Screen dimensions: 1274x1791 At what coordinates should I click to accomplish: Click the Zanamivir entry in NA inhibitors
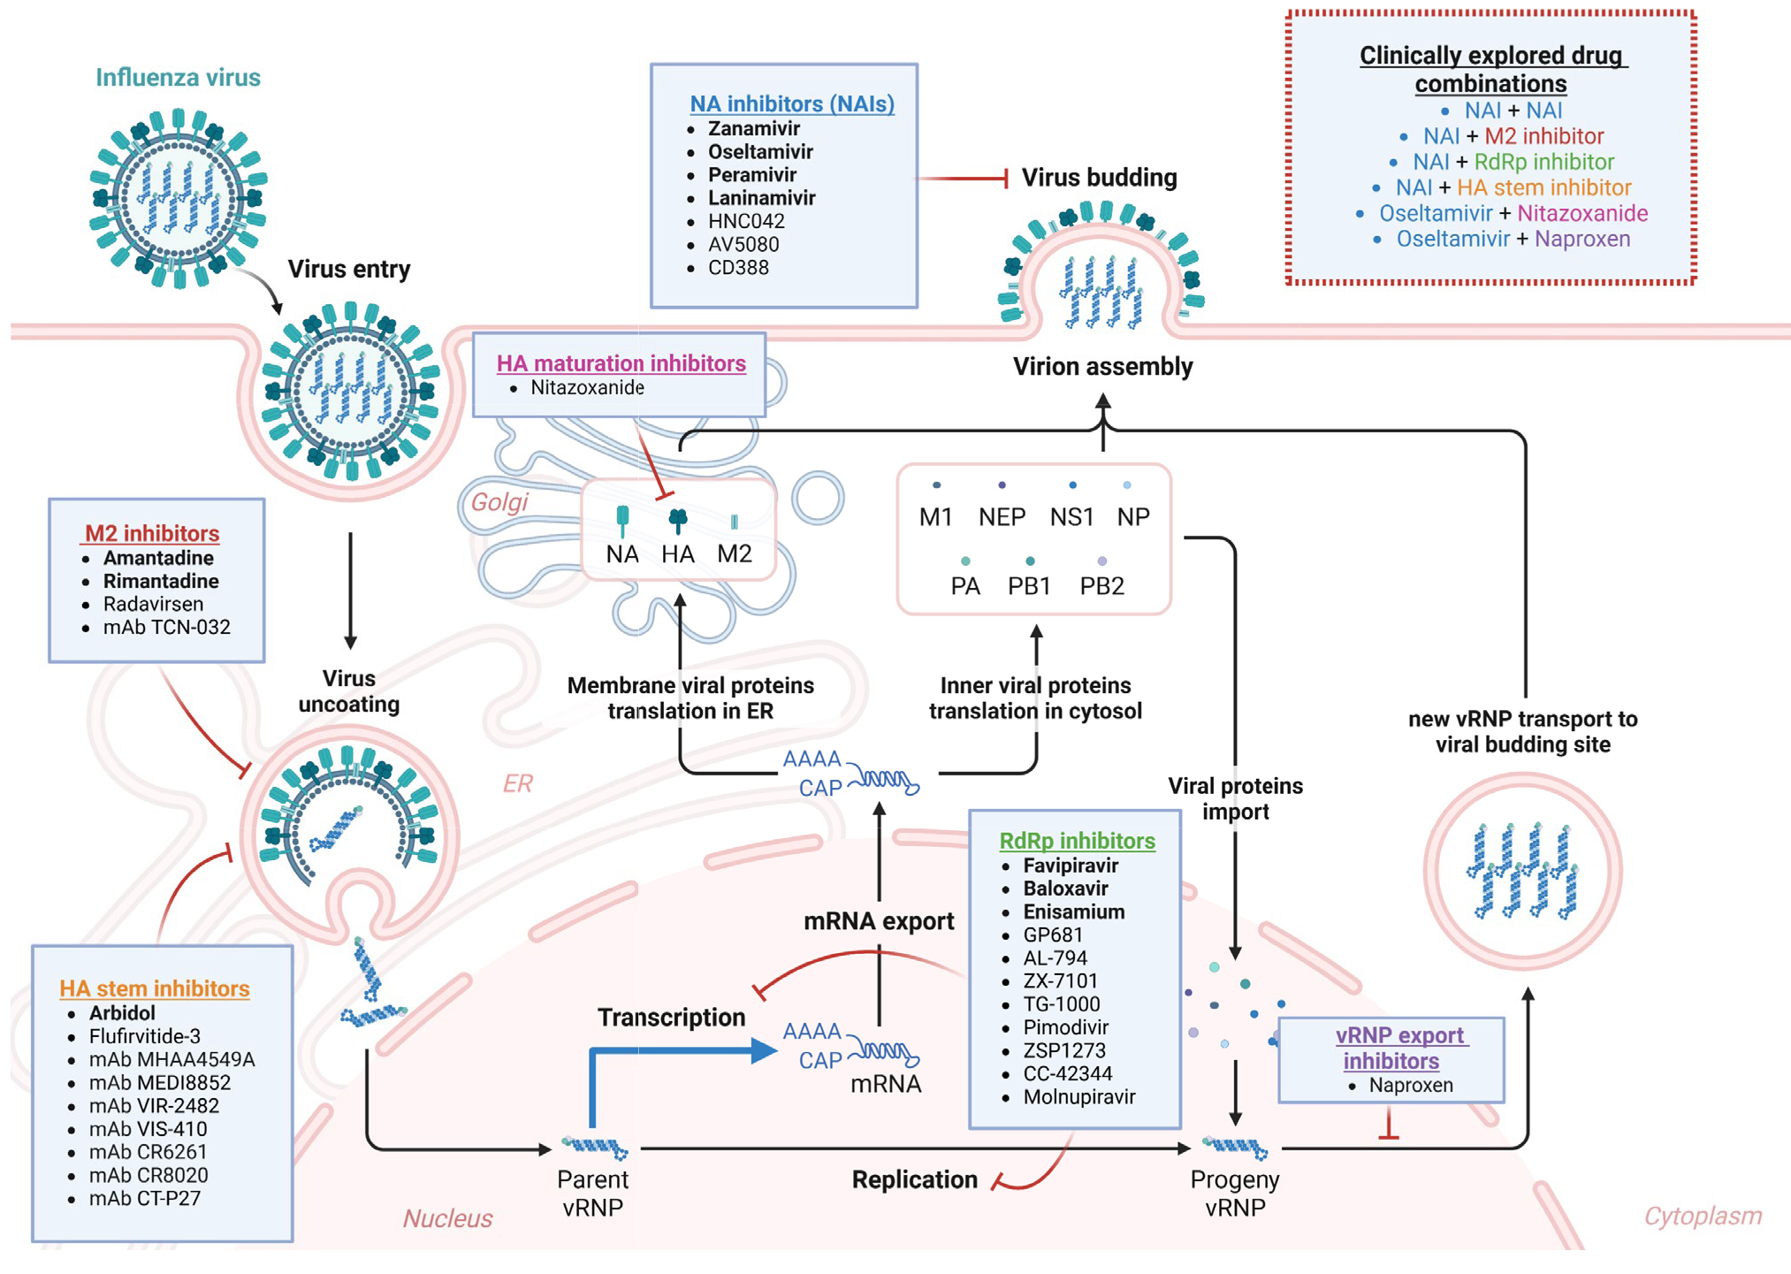753,129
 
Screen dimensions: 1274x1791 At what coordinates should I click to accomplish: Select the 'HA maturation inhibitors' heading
621,363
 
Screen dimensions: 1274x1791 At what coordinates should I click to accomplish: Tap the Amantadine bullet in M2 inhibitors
158,558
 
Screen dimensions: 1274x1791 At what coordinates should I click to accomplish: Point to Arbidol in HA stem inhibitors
122,1013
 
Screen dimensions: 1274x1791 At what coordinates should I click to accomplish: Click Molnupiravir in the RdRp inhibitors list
1078,1097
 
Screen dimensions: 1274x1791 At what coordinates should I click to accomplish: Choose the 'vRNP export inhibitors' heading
1400,1048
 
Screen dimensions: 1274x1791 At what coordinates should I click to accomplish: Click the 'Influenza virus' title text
178,78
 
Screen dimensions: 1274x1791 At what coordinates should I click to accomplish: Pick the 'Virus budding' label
1099,178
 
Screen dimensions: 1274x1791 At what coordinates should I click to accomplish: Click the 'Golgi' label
499,502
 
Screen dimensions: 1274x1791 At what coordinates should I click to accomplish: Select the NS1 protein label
1071,516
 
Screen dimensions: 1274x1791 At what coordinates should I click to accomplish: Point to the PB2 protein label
1101,586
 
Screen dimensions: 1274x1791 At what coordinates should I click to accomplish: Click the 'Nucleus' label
447,1218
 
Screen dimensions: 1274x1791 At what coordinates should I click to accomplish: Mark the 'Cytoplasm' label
1702,1217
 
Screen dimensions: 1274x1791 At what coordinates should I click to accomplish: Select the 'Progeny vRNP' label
1235,1193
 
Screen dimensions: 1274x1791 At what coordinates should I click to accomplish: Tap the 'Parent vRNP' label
592,1193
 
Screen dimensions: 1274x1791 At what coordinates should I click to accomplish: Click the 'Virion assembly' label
1102,367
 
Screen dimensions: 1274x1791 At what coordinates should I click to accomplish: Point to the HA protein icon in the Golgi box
678,520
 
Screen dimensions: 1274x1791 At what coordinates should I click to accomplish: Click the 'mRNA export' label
878,921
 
